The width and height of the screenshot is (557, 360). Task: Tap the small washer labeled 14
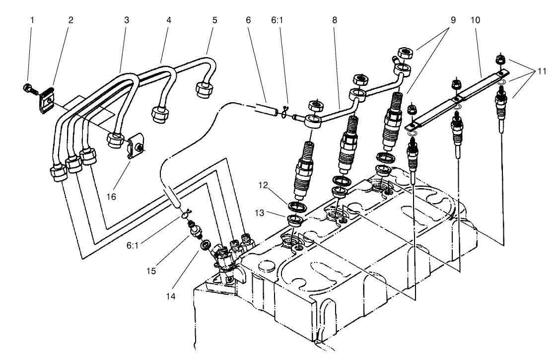click(x=204, y=245)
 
